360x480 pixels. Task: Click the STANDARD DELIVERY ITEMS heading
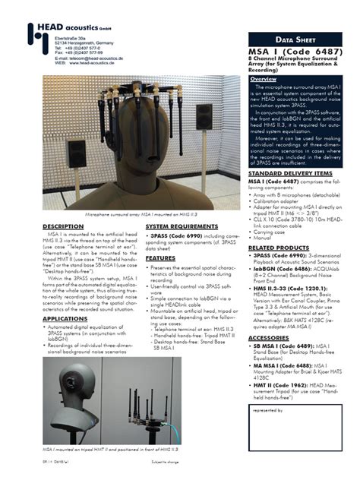tap(290, 173)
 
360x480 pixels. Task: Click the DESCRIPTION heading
tap(62, 226)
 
